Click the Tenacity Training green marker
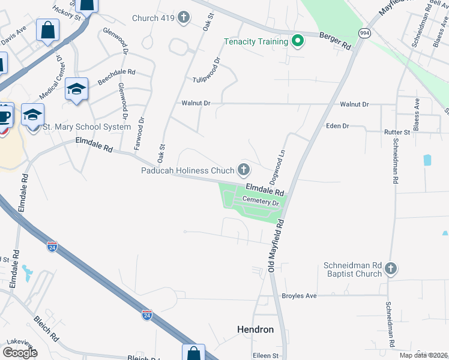coord(297,41)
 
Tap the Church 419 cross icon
coord(184,17)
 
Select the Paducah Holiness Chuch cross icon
coord(243,170)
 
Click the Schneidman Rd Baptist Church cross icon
coord(390,269)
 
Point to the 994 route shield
coord(364,34)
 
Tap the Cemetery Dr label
coord(261,202)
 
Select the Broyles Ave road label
coord(299,296)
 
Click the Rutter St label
coord(397,131)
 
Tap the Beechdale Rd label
coord(116,76)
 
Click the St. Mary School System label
coord(86,127)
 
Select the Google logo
coord(20,353)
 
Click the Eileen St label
coord(266,355)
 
